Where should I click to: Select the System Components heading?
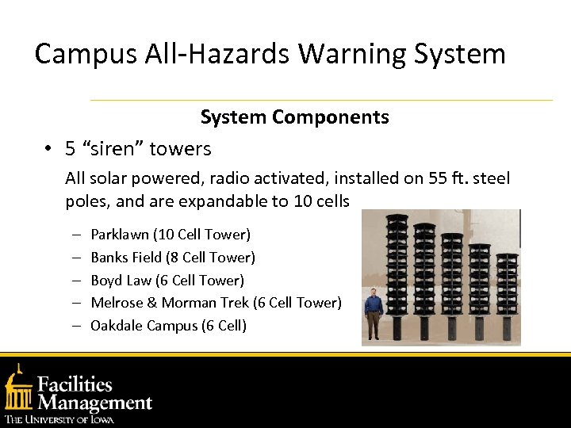tap(294, 117)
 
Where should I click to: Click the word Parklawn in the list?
tap(120, 235)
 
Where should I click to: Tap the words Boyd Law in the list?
tap(121, 281)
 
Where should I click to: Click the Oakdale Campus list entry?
tap(143, 326)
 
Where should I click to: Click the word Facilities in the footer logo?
tap(76, 385)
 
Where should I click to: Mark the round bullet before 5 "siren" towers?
tap(48, 149)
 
